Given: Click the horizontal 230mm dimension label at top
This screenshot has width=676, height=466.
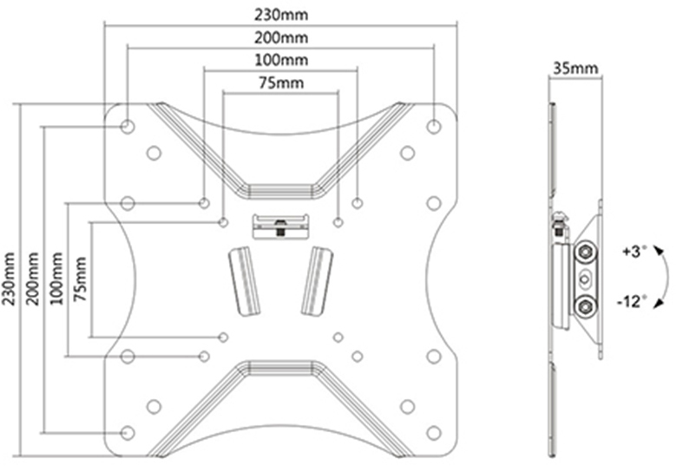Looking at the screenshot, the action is click(281, 15).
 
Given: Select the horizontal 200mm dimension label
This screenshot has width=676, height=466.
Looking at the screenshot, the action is click(281, 38).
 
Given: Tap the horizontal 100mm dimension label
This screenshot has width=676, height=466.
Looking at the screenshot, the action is click(281, 60).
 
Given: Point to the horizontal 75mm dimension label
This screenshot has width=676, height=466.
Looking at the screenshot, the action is click(281, 82).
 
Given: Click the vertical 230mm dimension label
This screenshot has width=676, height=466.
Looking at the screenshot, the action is click(9, 279).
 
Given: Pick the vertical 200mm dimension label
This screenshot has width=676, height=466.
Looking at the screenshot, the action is click(32, 279).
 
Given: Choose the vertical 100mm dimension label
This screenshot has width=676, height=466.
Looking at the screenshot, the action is click(56, 279).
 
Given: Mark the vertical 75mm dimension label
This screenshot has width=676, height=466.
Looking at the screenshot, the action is click(80, 279).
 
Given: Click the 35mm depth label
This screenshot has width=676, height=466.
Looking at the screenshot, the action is click(575, 68).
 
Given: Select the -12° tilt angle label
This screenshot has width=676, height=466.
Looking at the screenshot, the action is click(632, 301).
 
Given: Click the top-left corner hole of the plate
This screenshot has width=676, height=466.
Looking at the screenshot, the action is click(128, 127).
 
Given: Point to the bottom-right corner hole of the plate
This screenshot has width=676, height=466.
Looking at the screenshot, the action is click(434, 433).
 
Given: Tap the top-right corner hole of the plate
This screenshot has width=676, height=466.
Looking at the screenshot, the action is click(434, 127).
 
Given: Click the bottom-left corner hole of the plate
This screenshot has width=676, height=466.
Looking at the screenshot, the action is click(128, 433).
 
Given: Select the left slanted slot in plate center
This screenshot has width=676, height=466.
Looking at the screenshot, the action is click(244, 281).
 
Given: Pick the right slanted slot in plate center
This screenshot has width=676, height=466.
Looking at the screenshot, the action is click(317, 281).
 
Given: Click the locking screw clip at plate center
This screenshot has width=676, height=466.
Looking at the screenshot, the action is click(280, 226).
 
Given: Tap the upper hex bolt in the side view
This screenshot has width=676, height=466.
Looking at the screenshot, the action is click(586, 252).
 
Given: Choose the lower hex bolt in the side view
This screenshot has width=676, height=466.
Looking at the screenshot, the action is click(586, 307).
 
